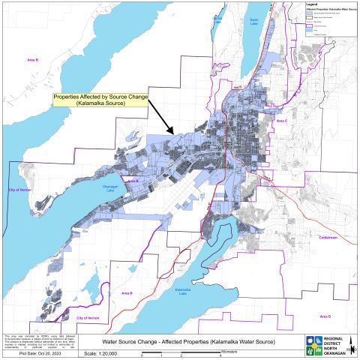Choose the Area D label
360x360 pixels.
click(x=324, y=316)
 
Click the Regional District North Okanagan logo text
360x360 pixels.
click(x=330, y=344)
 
